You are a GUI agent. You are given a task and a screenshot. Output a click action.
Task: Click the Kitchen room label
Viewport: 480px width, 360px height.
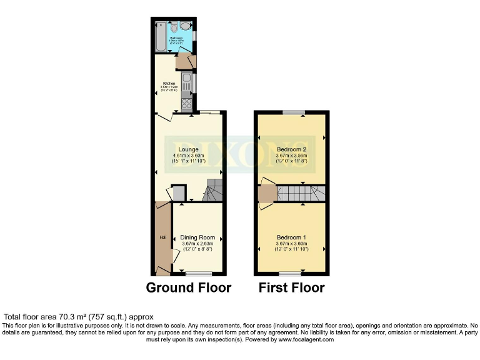coord(169,83)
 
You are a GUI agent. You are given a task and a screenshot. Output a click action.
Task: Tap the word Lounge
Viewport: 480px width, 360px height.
coord(188,149)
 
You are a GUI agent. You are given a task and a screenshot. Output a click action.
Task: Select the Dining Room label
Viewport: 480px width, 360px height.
coord(197,237)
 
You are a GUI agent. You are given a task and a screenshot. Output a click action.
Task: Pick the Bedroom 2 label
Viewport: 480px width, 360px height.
coord(291,149)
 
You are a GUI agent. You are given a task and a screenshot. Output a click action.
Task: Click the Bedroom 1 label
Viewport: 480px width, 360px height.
coord(291,237)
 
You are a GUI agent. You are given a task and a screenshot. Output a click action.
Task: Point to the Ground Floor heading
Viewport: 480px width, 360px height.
coord(189,288)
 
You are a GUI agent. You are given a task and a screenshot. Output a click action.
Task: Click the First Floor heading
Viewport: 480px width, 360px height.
coord(292,288)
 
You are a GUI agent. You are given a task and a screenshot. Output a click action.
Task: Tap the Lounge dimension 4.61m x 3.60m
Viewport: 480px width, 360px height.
coord(188,156)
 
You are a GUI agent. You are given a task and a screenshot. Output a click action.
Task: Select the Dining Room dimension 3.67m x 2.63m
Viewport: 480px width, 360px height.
coord(197,244)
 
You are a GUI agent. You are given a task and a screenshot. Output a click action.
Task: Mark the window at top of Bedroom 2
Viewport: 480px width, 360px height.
coord(292,112)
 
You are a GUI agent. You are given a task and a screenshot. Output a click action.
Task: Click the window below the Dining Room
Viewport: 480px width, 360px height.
coord(198,274)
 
